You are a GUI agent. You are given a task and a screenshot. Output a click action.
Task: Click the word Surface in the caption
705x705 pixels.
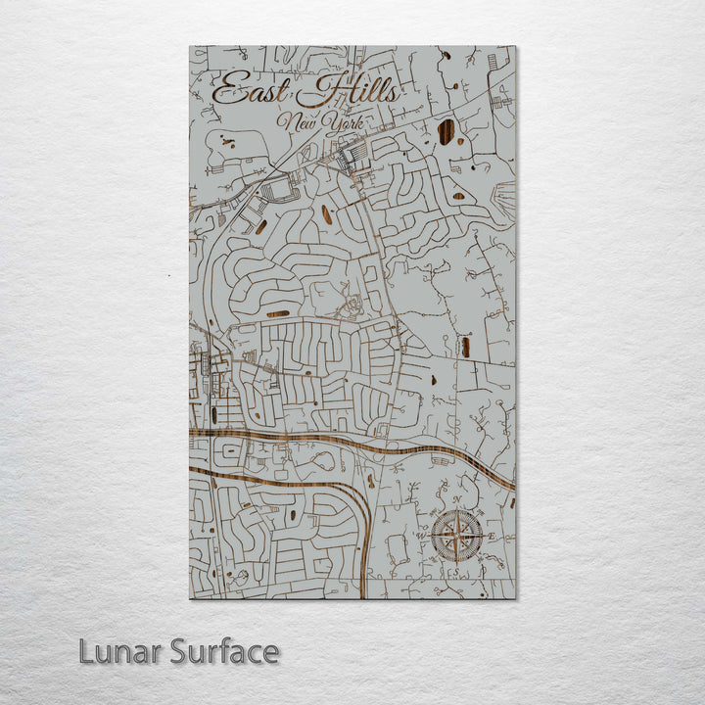coord(224,651)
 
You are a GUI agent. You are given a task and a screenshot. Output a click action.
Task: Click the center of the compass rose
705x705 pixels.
coord(457,537)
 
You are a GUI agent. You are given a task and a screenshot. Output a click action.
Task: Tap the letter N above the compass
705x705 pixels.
coord(457,500)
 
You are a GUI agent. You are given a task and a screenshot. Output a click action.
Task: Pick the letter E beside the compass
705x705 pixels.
coord(492,537)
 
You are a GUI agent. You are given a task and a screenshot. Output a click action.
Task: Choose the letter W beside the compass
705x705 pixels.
coord(423,537)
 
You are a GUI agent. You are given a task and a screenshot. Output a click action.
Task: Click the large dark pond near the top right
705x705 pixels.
coord(446,132)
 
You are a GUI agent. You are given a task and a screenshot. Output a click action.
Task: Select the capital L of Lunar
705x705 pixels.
coord(87,651)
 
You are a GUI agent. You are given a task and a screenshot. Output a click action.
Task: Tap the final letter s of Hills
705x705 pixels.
coord(392,94)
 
